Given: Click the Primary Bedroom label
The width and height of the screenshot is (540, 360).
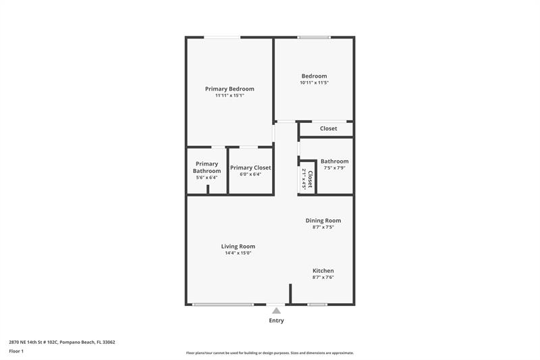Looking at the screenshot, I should pos(230,89).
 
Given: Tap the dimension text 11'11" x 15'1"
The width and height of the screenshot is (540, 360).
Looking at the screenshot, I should pos(230,96).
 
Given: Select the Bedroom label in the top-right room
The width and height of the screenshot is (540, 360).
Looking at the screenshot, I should pos(314,76).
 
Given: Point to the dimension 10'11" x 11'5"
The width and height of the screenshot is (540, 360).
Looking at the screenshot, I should pos(314,83).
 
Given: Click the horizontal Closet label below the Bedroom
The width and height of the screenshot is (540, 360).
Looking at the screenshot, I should pos(328,128).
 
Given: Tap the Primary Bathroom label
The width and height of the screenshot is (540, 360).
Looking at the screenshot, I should pos(207,168).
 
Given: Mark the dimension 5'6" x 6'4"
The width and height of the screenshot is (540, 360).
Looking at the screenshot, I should pos(207,178).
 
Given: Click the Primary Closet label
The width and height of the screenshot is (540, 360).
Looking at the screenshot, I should pos(250,168).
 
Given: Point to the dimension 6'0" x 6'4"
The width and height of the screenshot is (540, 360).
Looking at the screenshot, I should pos(250,174).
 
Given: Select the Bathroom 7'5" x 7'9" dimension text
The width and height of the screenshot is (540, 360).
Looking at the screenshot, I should pos(334,168).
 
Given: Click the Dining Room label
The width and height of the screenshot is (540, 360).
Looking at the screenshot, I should pos(323,220).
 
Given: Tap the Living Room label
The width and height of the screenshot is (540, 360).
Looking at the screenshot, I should pos(238,247).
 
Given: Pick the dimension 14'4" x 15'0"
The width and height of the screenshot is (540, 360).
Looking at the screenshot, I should pos(238,253).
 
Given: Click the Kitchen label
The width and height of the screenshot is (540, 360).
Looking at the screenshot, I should pos(323,271).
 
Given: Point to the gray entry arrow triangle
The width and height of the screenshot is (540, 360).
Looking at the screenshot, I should pos(276,310).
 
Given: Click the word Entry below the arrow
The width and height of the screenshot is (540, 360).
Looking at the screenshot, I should pos(276,321).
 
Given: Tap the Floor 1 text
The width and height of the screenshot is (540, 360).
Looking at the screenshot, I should pos(16,351).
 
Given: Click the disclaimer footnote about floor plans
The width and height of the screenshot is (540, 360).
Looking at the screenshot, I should pos(270,353).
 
